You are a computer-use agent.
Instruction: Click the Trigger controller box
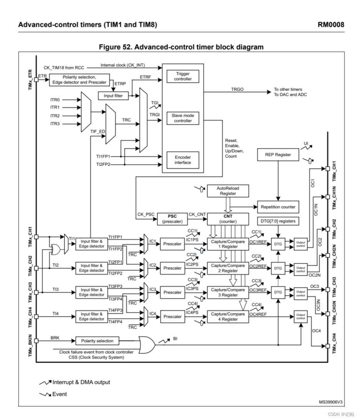click(x=182, y=76)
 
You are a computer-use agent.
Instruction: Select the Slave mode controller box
click(x=182, y=118)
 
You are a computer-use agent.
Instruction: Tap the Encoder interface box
click(x=182, y=160)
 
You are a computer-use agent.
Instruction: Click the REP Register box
click(x=278, y=154)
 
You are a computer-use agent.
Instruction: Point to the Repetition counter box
click(x=278, y=207)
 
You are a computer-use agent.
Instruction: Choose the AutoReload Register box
click(x=228, y=191)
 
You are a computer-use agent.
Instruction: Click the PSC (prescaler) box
click(x=172, y=219)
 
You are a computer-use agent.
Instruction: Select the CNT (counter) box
click(x=228, y=219)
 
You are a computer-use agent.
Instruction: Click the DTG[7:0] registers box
click(x=278, y=221)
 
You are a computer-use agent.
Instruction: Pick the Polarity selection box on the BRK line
click(x=97, y=341)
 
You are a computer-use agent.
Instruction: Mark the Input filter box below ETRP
click(x=113, y=96)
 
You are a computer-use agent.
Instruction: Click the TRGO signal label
click(x=237, y=90)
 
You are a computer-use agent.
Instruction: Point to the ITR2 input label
click(x=55, y=116)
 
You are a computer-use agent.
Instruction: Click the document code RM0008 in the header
click(x=331, y=25)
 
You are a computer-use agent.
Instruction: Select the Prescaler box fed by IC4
click(x=173, y=317)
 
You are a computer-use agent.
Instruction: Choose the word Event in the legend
click(x=59, y=394)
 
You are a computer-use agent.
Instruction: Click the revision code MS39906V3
click(x=330, y=402)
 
